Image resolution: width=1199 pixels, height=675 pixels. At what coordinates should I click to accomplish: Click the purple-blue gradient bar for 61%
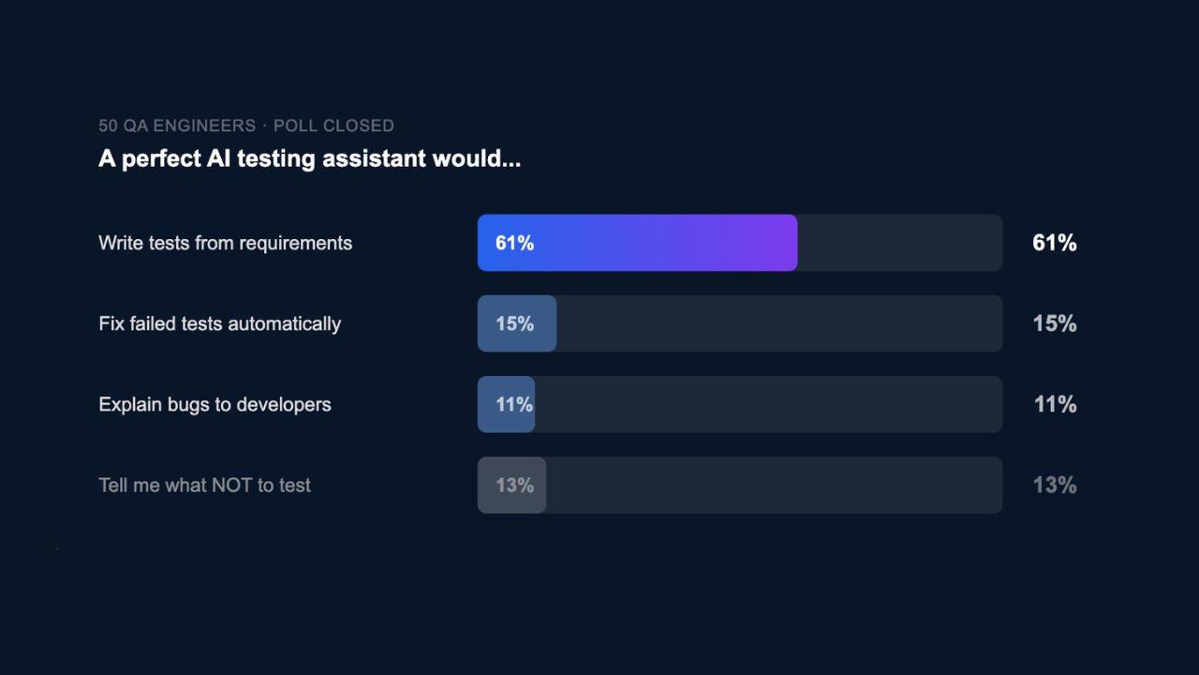tap(637, 243)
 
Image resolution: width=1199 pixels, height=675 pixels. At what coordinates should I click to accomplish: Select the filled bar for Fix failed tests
tap(517, 323)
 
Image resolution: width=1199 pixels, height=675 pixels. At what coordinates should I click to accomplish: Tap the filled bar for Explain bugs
tap(507, 404)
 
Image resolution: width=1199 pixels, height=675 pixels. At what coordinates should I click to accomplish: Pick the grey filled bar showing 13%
tap(511, 485)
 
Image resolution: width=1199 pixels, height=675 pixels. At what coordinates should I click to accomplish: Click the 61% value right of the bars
tap(1054, 243)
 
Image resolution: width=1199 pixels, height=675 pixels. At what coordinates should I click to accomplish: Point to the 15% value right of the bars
tap(1054, 323)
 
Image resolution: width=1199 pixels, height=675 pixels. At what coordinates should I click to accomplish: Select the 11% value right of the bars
tap(1055, 404)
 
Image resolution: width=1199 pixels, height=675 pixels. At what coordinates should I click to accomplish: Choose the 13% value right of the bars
tap(1054, 485)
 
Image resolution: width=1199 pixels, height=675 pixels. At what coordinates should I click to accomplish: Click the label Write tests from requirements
tap(225, 243)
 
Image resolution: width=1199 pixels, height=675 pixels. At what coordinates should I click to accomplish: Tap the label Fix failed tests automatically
tap(219, 323)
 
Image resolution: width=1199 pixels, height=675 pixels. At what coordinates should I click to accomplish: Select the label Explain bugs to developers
tap(215, 404)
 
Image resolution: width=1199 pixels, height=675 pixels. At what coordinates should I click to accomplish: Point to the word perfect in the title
tap(160, 158)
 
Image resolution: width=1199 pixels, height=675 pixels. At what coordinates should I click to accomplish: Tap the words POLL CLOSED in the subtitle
tap(333, 126)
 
